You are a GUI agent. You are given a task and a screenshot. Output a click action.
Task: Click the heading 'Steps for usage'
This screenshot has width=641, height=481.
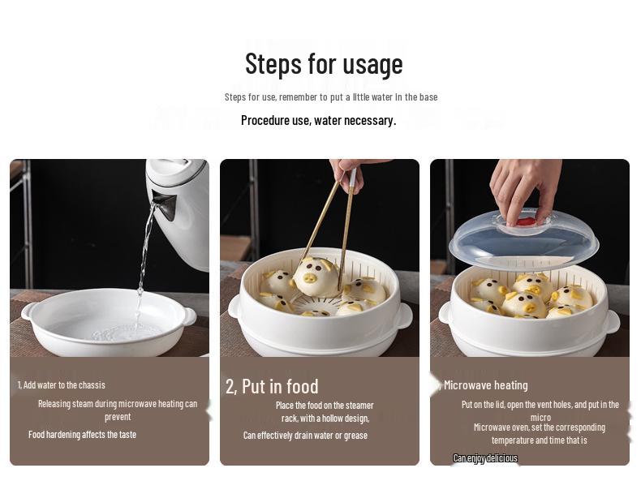point(324,63)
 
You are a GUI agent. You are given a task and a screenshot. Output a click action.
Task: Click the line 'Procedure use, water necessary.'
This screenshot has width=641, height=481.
point(318,120)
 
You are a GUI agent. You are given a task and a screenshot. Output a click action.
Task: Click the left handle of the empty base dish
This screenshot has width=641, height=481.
point(27,311)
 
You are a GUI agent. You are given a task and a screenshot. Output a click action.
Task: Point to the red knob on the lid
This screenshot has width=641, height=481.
point(526,221)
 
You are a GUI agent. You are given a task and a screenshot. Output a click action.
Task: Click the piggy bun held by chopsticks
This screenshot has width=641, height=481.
point(316,277)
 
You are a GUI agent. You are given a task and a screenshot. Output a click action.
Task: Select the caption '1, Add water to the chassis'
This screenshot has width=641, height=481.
point(62,385)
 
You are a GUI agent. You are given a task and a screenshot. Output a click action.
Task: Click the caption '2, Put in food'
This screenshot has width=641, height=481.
point(272,386)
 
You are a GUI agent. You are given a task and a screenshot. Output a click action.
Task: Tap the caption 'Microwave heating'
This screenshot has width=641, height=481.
point(485,385)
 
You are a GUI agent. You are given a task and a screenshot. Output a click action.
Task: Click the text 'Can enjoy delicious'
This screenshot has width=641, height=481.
point(484,458)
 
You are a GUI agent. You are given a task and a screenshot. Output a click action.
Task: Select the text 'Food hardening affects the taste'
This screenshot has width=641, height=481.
point(82,435)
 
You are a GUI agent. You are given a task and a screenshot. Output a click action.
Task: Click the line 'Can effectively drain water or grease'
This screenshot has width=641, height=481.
point(305,436)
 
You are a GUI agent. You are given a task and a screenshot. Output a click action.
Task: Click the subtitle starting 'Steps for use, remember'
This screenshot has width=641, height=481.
point(331,97)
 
